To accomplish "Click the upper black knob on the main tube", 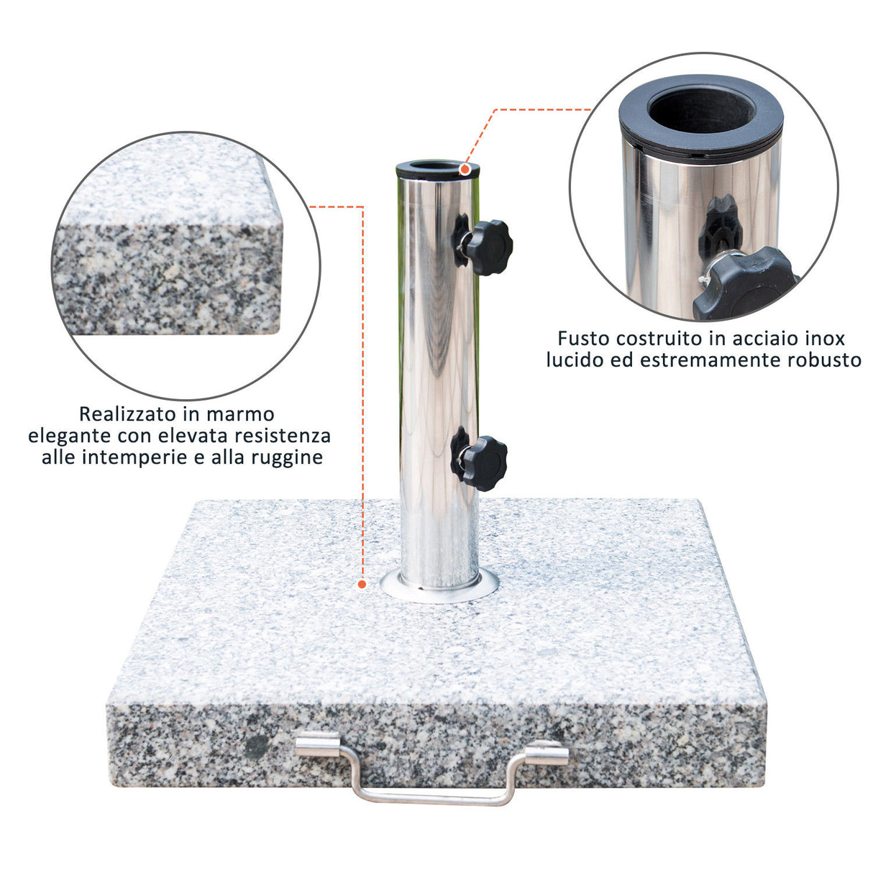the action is coord(488,247).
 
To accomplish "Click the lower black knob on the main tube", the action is coord(484,463).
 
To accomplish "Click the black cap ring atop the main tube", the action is coord(437,169).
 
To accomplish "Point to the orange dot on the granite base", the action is coord(362,585).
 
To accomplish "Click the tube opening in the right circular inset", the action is coord(702,109).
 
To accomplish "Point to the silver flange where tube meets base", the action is coord(439,589).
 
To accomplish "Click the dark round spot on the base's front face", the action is coord(257,747).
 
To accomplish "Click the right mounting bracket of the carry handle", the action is coord(547,754).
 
